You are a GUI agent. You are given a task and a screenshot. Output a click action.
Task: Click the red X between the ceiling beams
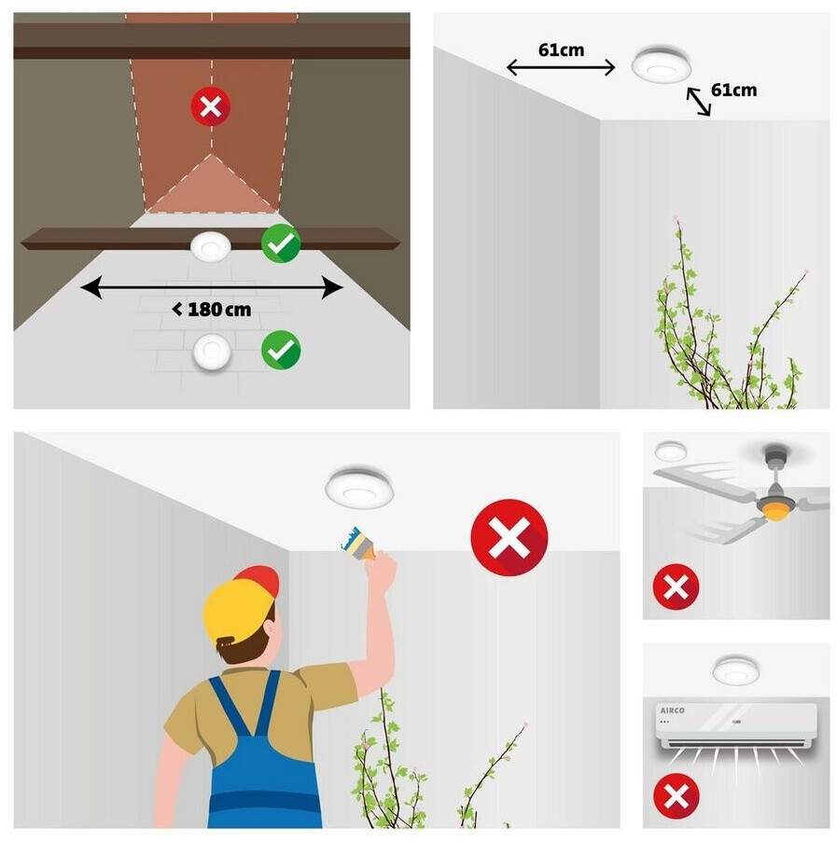click(211, 105)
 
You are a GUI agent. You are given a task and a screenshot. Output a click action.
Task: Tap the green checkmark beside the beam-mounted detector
click(281, 243)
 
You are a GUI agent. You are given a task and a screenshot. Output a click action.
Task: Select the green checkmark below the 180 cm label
click(281, 350)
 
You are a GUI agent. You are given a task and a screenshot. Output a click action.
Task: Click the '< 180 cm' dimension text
click(212, 310)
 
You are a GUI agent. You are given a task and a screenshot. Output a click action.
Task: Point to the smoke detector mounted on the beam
click(211, 247)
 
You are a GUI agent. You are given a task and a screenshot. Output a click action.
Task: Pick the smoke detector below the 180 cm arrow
click(212, 352)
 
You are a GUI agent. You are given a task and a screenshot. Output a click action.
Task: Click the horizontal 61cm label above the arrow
click(561, 50)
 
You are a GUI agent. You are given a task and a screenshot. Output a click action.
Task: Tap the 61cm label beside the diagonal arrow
click(734, 90)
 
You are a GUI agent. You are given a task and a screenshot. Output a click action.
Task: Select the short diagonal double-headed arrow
click(699, 102)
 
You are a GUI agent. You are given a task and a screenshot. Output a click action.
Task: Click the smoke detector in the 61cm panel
click(661, 64)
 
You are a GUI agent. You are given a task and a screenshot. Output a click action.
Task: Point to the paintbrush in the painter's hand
click(359, 544)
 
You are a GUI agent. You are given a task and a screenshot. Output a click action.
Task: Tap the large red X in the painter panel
click(509, 537)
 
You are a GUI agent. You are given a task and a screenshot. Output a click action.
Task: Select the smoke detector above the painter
click(359, 487)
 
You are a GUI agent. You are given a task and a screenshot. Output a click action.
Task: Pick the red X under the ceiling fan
click(676, 587)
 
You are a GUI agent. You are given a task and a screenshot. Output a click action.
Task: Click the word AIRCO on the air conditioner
click(672, 711)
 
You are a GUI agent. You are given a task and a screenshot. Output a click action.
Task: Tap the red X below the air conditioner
click(676, 795)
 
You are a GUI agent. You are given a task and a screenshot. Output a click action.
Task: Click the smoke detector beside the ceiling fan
click(671, 450)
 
